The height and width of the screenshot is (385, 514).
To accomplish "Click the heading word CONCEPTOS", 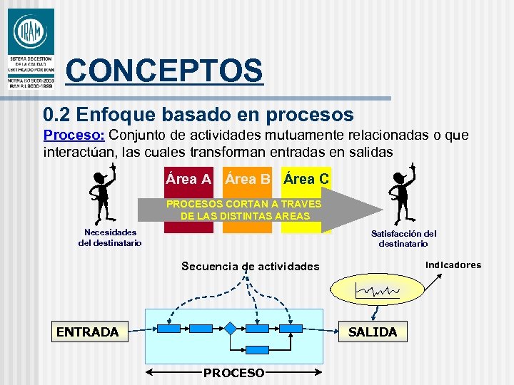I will pos(163,71).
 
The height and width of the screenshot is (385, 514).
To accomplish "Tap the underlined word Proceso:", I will pos(74,135).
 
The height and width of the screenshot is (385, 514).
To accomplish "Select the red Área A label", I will pos(188,179).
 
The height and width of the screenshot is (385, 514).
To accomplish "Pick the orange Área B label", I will pos(248,179).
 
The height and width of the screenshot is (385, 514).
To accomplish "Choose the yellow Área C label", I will pos(306,179).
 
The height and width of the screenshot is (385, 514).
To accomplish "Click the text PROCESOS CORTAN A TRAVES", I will pos(244,204).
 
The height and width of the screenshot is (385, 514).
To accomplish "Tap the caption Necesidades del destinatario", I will pos(110,237).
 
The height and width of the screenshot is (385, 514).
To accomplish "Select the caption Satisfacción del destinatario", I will pos(404,238).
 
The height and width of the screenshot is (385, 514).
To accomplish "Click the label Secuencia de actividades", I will pos(250,266).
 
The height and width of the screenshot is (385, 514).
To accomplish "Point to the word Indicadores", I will pos(453,265).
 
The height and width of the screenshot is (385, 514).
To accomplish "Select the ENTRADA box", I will pos(87,332).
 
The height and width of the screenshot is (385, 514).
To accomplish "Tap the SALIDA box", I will pos(372,332).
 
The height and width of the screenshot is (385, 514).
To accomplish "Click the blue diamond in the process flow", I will pos(231,329).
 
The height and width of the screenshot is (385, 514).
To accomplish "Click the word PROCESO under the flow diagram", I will pos(233,373).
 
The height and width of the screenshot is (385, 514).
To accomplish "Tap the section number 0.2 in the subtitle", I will pos(56,114).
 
